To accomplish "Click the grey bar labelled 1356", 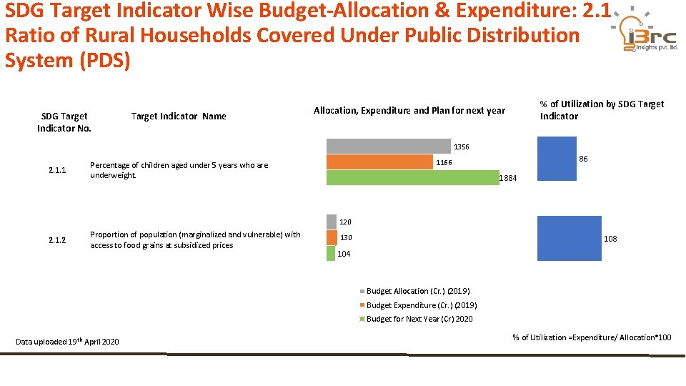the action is click(x=389, y=146).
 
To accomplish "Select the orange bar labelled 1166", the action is click(x=379, y=162).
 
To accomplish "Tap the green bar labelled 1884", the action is click(x=412, y=178).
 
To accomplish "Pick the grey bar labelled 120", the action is click(x=331, y=222).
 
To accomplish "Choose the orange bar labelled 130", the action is click(x=332, y=237).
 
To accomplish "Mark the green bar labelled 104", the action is click(x=331, y=253).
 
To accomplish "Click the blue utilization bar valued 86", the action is click(x=557, y=159).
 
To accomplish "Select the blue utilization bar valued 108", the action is click(x=570, y=238).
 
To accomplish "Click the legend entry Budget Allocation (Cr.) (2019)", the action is click(x=414, y=291).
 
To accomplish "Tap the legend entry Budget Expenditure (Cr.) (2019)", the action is click(x=418, y=305).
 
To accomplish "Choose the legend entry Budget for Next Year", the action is click(x=416, y=319).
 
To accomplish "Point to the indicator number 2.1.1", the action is click(x=57, y=170).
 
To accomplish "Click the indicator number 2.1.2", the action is click(x=57, y=240).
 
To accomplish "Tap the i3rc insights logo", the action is click(x=645, y=29).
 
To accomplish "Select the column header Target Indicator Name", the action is click(x=179, y=116).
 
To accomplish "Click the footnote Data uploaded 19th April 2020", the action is click(x=67, y=342).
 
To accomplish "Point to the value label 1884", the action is click(x=508, y=178).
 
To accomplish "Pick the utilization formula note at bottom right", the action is click(x=592, y=337).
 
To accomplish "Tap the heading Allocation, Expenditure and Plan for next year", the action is click(x=409, y=110).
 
